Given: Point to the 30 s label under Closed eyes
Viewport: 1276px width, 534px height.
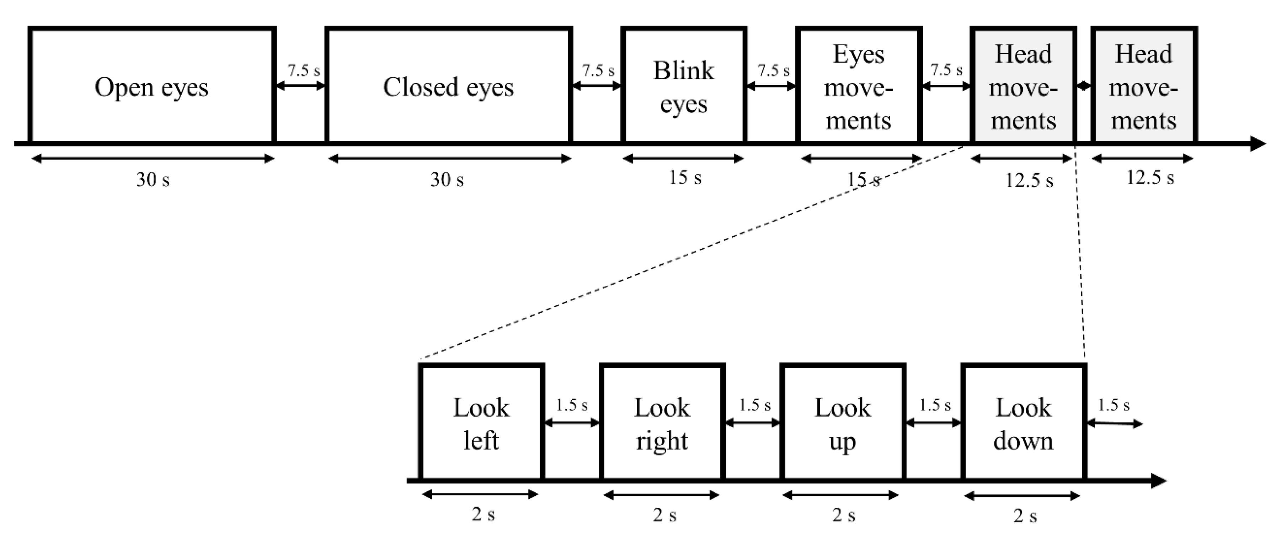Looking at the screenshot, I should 447,180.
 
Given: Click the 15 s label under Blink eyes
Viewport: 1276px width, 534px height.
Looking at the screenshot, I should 685,178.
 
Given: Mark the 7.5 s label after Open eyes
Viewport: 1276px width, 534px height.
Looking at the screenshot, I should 304,70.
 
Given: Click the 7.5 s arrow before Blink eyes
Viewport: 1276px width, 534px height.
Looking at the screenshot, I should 596,86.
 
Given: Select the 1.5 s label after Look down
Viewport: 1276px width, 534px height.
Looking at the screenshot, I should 1114,405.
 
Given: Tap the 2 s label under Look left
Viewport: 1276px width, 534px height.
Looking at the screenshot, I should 483,514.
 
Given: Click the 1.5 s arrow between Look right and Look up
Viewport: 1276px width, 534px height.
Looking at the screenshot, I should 752,423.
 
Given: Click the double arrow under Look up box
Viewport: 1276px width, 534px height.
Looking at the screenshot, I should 840,495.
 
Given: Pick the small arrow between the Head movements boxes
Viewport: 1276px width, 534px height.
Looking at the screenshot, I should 1083,86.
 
